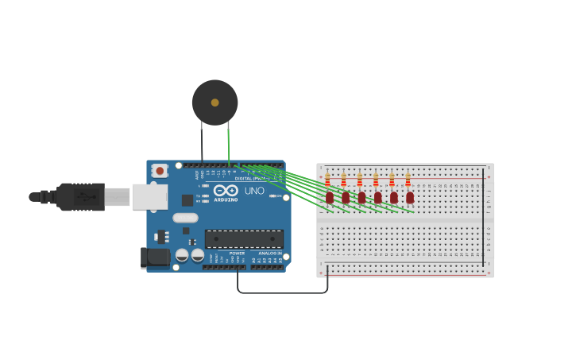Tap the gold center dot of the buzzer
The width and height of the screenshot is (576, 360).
pyautogui.click(x=215, y=103)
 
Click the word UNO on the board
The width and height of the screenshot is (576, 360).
pyautogui.click(x=254, y=191)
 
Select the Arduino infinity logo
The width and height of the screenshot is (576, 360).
pyautogui.click(x=226, y=191)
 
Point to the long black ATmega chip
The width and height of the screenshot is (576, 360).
pyautogui.click(x=244, y=238)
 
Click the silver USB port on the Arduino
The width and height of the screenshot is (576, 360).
pyautogui.click(x=149, y=196)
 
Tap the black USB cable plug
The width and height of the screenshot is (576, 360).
pyautogui.click(x=80, y=196)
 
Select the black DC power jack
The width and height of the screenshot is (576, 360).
pyautogui.click(x=155, y=257)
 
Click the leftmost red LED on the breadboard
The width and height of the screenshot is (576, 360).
pyautogui.click(x=329, y=197)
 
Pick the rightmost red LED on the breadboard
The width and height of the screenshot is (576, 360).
pyautogui.click(x=410, y=197)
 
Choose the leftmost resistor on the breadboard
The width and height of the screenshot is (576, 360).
pyautogui.click(x=327, y=180)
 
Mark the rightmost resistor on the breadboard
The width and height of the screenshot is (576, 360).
pyautogui.click(x=408, y=180)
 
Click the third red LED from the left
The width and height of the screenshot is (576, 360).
pyautogui.click(x=361, y=197)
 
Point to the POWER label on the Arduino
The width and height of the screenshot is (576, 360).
pyautogui.click(x=237, y=254)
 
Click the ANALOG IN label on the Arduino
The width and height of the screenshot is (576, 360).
pyautogui.click(x=270, y=254)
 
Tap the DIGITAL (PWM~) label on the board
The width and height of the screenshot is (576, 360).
pyautogui.click(x=252, y=178)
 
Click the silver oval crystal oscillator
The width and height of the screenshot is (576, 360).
pyautogui.click(x=185, y=218)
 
